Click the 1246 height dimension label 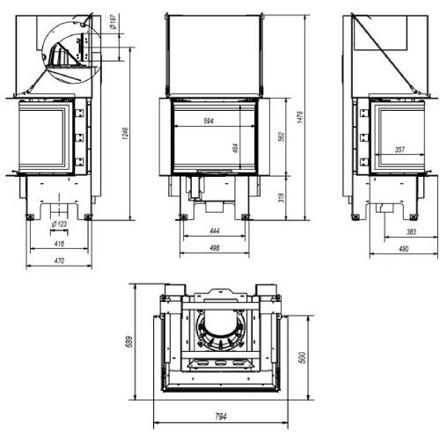[126, 133]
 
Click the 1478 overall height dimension [300, 117]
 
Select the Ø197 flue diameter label [114, 21]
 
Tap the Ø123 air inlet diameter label [59, 224]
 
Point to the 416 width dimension [59, 244]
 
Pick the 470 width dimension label [59, 260]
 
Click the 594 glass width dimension [209, 121]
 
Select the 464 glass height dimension [236, 148]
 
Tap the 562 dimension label [281, 136]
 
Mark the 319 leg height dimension [281, 198]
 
